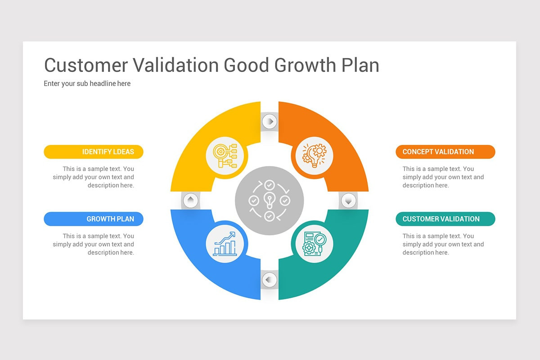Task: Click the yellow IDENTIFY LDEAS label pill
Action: (94, 152)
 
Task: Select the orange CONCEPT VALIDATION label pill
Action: (445, 152)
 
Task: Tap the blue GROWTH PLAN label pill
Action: (94, 219)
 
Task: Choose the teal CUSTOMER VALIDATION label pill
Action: (445, 219)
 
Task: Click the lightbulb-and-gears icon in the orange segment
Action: (314, 155)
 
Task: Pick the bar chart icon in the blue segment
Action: (225, 244)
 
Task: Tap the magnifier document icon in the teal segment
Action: (314, 244)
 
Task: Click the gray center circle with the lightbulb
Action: (269, 200)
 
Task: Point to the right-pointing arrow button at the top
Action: (269, 121)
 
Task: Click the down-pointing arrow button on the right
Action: (348, 200)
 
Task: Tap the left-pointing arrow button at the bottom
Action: (269, 279)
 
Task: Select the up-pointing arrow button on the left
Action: (190, 200)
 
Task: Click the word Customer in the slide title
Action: (86, 65)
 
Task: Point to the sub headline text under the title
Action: (87, 83)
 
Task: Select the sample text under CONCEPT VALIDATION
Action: (443, 177)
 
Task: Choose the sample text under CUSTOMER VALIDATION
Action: (443, 244)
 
